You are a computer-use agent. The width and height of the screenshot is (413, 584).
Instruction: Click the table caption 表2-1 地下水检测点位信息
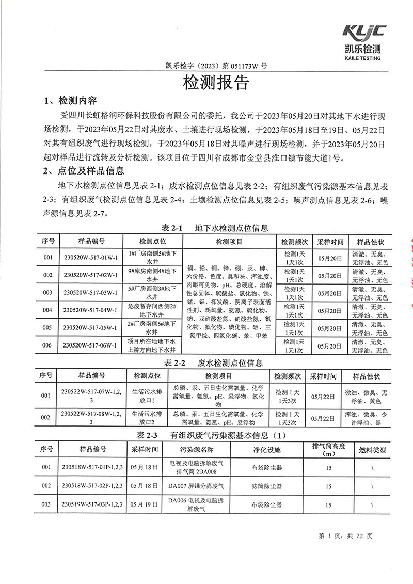pos(215,228)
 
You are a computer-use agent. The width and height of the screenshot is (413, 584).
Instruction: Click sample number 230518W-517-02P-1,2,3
pos(92,486)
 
